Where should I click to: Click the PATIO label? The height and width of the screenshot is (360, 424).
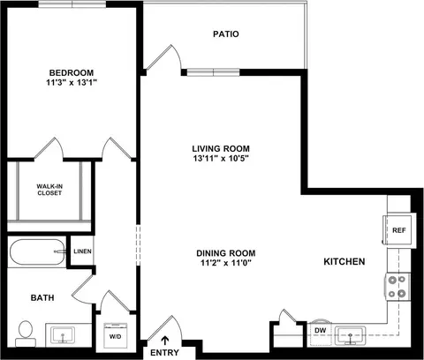[x=226, y=34]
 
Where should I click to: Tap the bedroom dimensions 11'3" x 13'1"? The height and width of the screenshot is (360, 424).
[x=72, y=83]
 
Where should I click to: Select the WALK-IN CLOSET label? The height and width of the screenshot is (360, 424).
[x=49, y=190]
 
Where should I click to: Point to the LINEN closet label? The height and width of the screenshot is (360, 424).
[x=82, y=251]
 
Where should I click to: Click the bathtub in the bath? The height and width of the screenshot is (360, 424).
[x=37, y=251]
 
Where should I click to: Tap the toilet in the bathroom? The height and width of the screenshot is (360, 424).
[x=26, y=334]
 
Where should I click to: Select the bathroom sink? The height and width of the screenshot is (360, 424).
[x=63, y=335]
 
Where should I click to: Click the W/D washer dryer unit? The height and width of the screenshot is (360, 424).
[x=116, y=335]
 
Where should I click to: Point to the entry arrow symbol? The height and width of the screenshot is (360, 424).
[x=165, y=341]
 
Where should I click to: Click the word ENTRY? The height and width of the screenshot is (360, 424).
[x=164, y=352]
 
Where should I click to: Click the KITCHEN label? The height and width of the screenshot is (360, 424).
[x=344, y=261]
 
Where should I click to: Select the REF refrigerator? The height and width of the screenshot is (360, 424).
[x=399, y=230]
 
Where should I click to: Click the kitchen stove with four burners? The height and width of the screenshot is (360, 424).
[x=397, y=287]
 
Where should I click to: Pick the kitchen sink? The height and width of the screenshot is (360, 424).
[x=351, y=335]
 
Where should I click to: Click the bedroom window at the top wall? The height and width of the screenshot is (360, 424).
[x=72, y=4]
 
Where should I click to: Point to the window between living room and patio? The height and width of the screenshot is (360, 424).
[x=214, y=72]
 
